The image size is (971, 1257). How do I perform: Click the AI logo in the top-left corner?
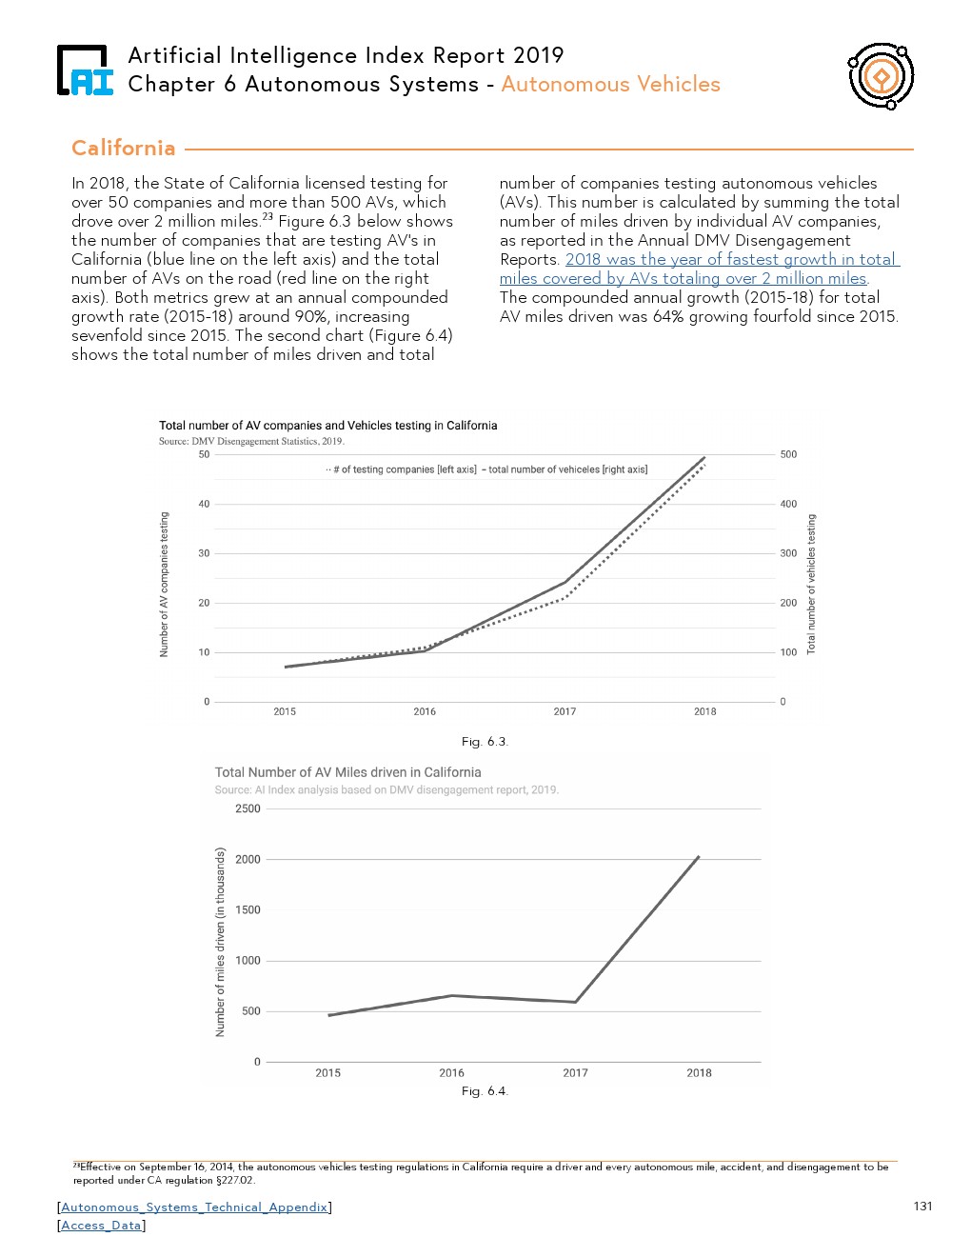tap(85, 70)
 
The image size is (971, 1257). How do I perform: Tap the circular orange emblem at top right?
tap(881, 75)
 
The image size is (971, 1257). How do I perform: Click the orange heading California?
tap(124, 148)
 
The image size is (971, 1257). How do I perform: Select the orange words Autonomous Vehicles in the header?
tap(610, 84)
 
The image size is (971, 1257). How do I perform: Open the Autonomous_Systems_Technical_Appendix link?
tap(194, 1207)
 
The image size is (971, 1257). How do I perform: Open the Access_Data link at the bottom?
tap(101, 1225)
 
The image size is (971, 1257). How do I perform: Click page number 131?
tap(922, 1206)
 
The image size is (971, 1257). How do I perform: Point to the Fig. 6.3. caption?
tap(485, 741)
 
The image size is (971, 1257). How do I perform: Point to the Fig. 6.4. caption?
tap(485, 1090)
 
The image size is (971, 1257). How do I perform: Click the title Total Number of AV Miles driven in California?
tap(347, 772)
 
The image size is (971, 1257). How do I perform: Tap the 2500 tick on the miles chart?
tap(248, 808)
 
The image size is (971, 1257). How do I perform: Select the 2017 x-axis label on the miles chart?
tap(575, 1072)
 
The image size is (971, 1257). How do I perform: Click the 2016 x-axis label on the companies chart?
tap(425, 711)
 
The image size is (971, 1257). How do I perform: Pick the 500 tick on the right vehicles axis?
tap(788, 454)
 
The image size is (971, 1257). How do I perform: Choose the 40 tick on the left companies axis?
tap(204, 504)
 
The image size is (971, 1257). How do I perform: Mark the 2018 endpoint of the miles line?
tap(699, 857)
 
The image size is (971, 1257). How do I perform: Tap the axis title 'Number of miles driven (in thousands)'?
tap(221, 942)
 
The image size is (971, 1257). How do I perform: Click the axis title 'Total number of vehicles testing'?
tap(811, 584)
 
